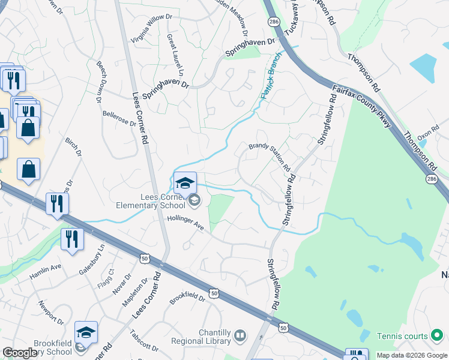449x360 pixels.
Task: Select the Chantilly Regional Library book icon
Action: coord(240,334)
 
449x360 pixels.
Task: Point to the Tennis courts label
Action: coord(402,336)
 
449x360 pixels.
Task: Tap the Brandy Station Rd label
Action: coord(270,155)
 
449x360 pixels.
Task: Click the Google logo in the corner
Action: coord(20,353)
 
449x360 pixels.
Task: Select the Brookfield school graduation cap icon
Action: coord(86,332)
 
